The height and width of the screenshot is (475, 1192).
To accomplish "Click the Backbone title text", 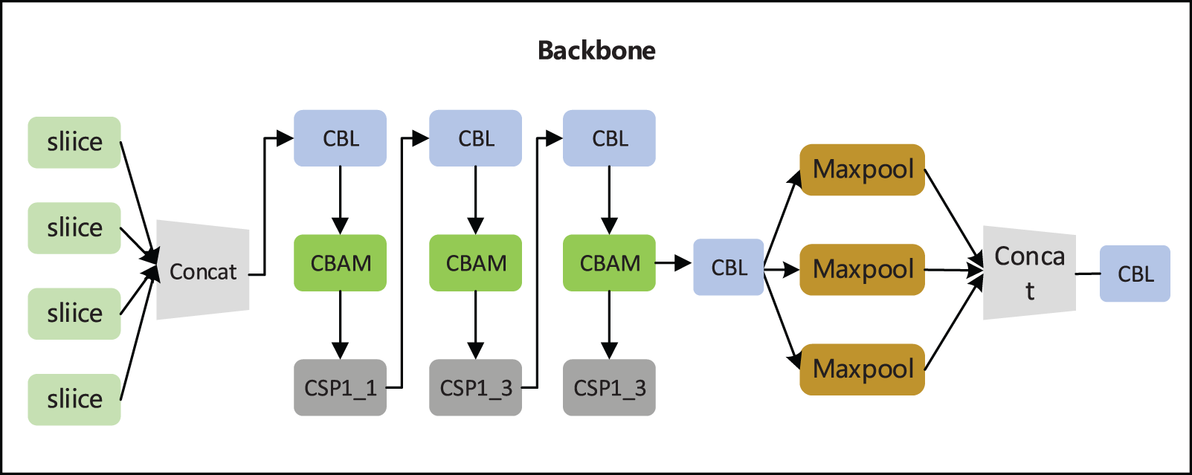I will [596, 51].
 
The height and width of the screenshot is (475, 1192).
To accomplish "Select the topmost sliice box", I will [74, 142].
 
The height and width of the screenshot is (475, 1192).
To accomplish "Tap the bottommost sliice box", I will [74, 399].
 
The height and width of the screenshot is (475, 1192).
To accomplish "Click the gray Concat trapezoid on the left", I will [202, 271].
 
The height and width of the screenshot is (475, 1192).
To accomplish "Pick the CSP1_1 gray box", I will [340, 387].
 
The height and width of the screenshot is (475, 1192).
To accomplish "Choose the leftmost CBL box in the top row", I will [340, 138].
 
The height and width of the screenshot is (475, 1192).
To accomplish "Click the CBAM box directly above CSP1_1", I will [340, 263].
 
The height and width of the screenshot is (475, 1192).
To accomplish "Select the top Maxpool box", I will [862, 169].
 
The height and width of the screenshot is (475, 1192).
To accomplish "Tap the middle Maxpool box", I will [862, 269].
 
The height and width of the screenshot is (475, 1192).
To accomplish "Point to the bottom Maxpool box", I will [862, 369].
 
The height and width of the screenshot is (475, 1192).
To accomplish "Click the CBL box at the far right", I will [1135, 274].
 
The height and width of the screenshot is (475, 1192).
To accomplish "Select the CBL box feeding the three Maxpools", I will [728, 268].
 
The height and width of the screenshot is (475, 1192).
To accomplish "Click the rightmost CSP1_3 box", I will [609, 387].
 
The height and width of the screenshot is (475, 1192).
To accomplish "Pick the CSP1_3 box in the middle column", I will [475, 387].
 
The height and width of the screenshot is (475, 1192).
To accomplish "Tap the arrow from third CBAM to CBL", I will [674, 263].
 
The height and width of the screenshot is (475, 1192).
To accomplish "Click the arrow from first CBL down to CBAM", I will [340, 201].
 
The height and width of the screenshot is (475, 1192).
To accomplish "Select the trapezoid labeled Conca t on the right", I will [1029, 273].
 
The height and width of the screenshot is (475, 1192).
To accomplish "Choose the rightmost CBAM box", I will [609, 263].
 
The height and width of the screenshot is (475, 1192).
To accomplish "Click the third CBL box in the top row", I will [609, 138].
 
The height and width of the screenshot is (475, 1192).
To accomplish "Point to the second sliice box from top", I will [74, 227].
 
